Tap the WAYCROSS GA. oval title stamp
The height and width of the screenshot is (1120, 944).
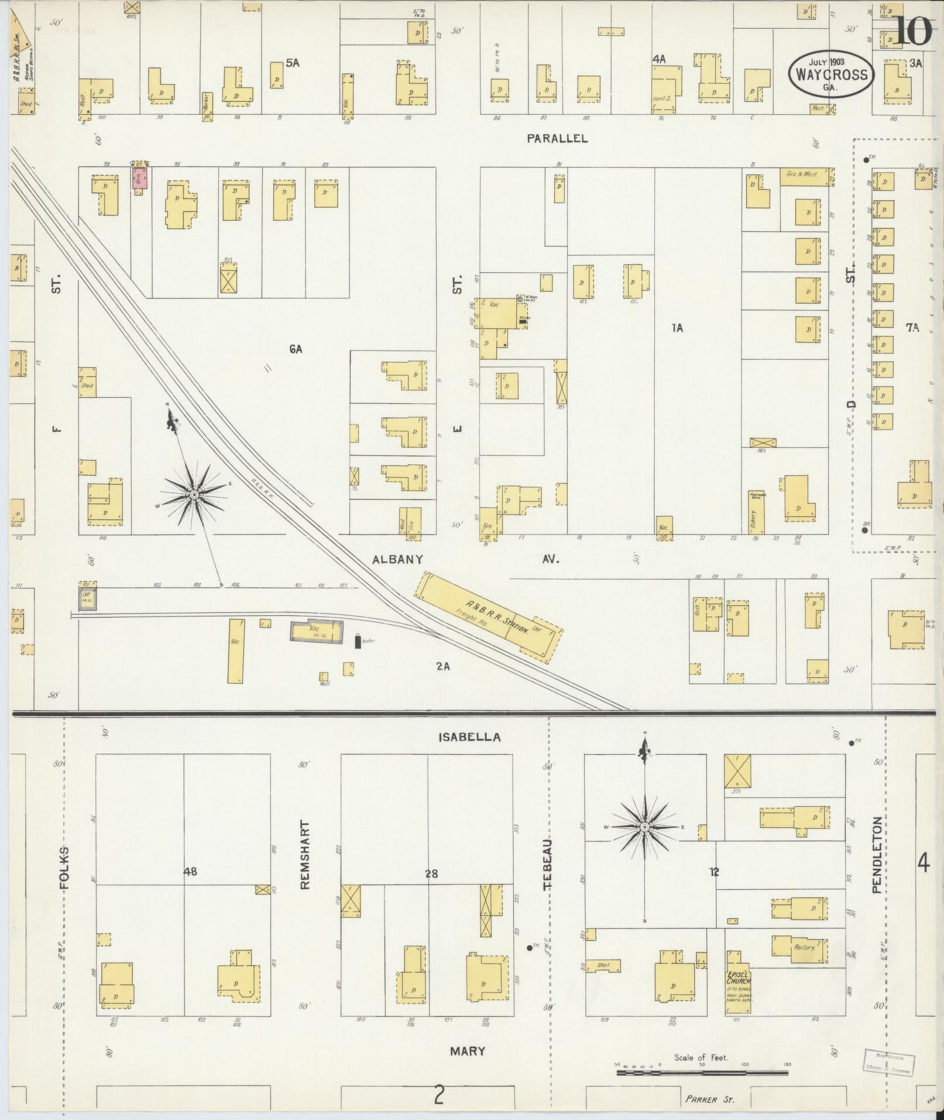(x=830, y=74)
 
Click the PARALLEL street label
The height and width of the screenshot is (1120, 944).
(x=557, y=138)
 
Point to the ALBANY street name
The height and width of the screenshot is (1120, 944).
(x=398, y=559)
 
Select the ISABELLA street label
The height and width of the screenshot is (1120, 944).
(x=470, y=737)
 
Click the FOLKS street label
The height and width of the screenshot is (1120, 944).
(x=64, y=868)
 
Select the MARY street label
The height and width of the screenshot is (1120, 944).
(x=468, y=1051)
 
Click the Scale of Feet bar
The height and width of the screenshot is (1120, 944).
(x=702, y=1073)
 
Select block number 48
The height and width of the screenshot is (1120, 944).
(x=190, y=888)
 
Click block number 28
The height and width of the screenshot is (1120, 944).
(x=432, y=890)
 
